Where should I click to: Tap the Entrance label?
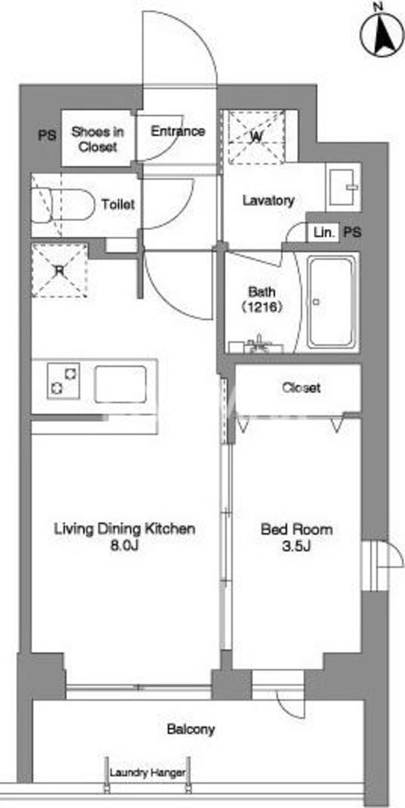pyautogui.click(x=178, y=132)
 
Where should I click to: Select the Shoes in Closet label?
pyautogui.click(x=97, y=139)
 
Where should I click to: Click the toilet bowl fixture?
pyautogui.click(x=63, y=205)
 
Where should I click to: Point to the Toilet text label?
pyautogui.click(x=118, y=205)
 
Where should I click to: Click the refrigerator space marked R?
pyautogui.click(x=59, y=270)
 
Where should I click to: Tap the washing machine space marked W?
pyautogui.click(x=256, y=137)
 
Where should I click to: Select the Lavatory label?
pyautogui.click(x=269, y=200)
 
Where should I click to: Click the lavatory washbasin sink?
pyautogui.click(x=344, y=186)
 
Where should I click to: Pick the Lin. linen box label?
pyautogui.click(x=324, y=233)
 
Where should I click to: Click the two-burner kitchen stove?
pyautogui.click(x=63, y=381)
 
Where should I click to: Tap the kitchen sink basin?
pyautogui.click(x=121, y=384)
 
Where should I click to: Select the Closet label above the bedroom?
pyautogui.click(x=301, y=387)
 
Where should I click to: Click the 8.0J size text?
pyautogui.click(x=125, y=545)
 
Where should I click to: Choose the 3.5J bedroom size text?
pyautogui.click(x=296, y=545)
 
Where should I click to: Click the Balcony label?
pyautogui.click(x=190, y=730)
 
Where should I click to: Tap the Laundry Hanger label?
pyautogui.click(x=147, y=773)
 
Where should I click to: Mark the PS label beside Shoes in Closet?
pyautogui.click(x=47, y=136)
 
